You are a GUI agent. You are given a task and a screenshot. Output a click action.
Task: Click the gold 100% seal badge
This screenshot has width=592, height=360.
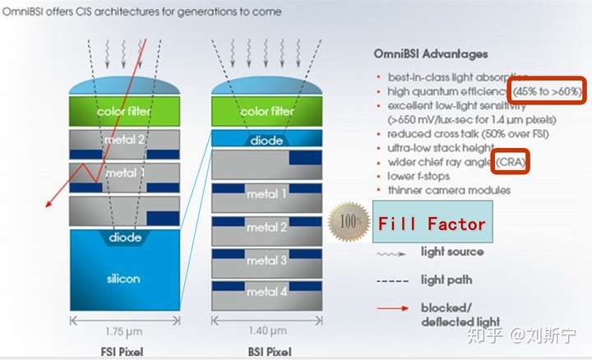[x=349, y=222]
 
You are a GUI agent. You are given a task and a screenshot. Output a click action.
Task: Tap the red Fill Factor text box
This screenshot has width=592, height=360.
[x=432, y=222]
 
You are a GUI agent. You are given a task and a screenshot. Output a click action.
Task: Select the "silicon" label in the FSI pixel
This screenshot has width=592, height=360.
[x=123, y=279]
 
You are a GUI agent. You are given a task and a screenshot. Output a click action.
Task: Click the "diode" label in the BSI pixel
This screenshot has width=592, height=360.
[x=266, y=141]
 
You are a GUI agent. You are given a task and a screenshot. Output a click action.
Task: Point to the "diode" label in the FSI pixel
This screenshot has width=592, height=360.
[x=125, y=238]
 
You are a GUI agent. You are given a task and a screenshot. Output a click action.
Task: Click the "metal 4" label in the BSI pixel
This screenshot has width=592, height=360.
[x=267, y=291]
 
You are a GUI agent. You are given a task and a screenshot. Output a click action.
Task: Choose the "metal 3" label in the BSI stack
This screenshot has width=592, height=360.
[x=267, y=260]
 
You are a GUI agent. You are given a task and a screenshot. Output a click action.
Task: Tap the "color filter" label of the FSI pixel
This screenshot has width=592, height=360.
[x=124, y=111]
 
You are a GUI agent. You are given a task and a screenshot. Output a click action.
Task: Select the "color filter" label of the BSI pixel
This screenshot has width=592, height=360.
[x=267, y=111]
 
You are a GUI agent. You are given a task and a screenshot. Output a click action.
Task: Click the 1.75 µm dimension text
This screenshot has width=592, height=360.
[x=124, y=332]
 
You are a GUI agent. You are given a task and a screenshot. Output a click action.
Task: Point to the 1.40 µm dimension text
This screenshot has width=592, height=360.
[x=268, y=331]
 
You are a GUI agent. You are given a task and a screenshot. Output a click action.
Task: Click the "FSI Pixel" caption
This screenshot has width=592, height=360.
[x=122, y=352]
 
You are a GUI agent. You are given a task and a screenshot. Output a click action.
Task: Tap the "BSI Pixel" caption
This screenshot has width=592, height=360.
[x=270, y=352]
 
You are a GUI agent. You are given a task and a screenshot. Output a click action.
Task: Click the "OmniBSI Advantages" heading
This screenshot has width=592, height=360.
[x=431, y=54]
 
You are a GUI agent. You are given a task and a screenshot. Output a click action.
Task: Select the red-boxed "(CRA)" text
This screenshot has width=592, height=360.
[x=511, y=162]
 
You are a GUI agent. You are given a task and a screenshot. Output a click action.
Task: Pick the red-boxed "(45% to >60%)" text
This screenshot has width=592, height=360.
[x=547, y=91]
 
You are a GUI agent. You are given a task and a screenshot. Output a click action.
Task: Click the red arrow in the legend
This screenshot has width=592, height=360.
[x=393, y=308]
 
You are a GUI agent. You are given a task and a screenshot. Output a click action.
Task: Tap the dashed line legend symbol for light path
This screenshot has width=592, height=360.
[x=393, y=281]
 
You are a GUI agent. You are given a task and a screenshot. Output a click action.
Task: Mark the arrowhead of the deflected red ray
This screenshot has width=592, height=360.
[x=48, y=205]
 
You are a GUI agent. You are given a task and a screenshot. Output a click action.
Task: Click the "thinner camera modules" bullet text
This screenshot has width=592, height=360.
[x=449, y=190]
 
